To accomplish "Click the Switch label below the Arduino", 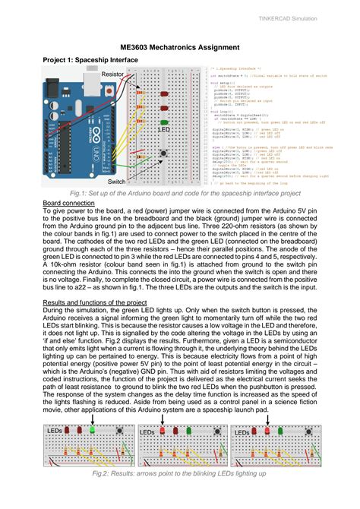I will point(116,182).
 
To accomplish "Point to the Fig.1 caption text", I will point(179,195).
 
